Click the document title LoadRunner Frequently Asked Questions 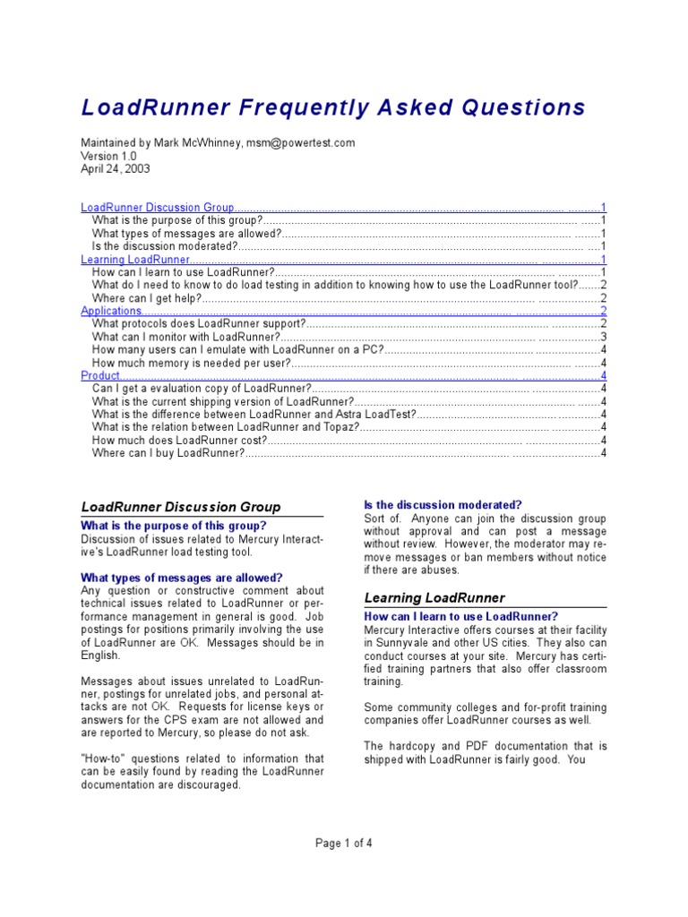tap(333, 108)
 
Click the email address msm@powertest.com tap(300, 142)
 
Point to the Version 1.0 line tap(108, 155)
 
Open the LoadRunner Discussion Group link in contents tap(158, 207)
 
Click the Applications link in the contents tap(111, 311)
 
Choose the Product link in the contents tap(100, 375)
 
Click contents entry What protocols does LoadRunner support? tap(200, 323)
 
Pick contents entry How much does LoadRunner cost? tap(179, 440)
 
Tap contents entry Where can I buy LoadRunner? tap(168, 453)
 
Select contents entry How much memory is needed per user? tap(192, 363)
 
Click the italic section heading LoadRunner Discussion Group tap(181, 507)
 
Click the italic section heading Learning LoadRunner tap(434, 597)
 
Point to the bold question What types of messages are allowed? tap(182, 578)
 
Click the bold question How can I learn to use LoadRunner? tap(461, 616)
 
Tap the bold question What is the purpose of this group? tap(174, 526)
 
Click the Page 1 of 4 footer tap(343, 842)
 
